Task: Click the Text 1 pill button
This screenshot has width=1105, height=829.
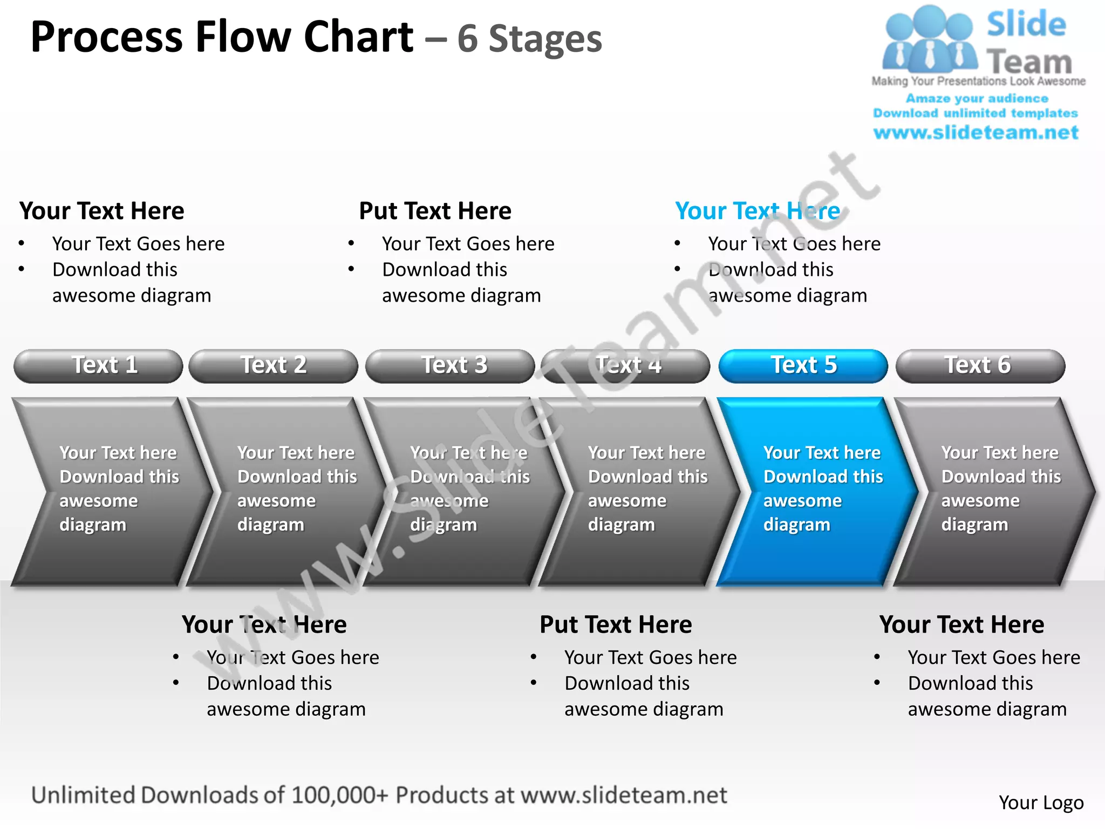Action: point(98,366)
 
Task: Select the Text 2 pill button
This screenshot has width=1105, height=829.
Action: point(273,366)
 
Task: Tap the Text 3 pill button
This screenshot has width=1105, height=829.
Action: point(450,366)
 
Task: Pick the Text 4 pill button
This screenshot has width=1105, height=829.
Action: point(626,366)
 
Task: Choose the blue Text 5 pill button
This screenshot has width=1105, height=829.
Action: point(803,366)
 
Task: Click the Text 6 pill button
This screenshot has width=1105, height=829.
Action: point(980,366)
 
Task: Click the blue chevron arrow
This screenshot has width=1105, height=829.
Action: point(815,491)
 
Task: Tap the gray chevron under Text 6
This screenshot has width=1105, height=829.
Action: point(993,491)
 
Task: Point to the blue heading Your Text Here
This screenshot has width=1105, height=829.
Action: point(758,210)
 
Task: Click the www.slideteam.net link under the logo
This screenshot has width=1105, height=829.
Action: point(976,133)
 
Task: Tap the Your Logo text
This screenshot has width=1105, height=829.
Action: point(1041,803)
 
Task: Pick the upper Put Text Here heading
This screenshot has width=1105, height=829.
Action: point(435,210)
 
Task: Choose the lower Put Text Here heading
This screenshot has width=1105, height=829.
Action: point(616,624)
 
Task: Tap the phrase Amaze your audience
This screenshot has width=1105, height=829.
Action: point(977,98)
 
